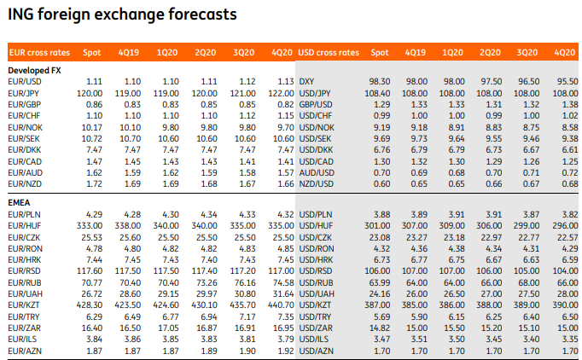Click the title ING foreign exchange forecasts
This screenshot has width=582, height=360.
point(121,15)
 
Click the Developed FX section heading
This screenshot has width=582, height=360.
point(34,69)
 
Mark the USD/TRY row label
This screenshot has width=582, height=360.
point(315,316)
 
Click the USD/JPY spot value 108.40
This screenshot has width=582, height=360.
point(377,91)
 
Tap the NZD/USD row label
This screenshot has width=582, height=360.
point(316,183)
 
